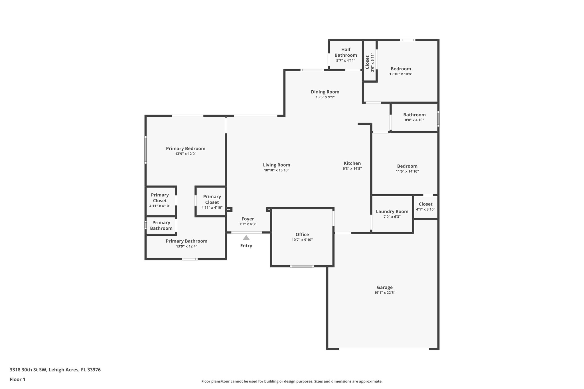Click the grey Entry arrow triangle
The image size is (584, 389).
[246, 238]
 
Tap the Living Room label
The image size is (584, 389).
[276, 165]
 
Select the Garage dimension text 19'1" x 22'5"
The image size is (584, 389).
[385, 293]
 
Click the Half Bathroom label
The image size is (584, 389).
[346, 52]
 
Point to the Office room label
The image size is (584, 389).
[302, 235]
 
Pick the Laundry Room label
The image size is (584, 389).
[392, 211]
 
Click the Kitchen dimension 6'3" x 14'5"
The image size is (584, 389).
[352, 168]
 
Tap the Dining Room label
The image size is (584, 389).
[325, 92]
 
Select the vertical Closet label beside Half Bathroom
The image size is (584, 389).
[367, 62]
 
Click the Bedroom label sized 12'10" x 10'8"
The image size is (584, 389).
[401, 69]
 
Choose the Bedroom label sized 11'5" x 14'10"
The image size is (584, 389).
[407, 166]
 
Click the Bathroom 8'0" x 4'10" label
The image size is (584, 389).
[414, 115]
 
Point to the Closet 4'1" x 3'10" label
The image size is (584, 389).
[425, 204]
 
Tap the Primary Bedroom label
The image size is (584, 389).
[185, 148]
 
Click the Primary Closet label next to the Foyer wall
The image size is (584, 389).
[212, 199]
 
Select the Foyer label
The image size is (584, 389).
[248, 219]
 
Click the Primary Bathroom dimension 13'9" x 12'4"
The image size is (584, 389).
[186, 246]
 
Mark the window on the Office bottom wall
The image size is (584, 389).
[302, 266]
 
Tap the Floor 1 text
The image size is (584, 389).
[17, 379]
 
